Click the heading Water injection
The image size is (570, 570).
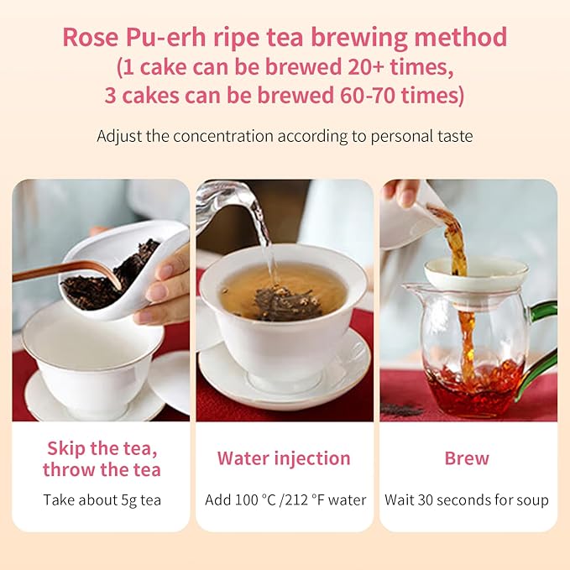284,458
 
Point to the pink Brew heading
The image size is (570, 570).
467,458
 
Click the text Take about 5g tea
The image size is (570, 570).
102,500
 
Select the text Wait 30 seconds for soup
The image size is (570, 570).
467,500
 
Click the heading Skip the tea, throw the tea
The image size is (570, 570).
102,458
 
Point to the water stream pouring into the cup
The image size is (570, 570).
266,243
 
